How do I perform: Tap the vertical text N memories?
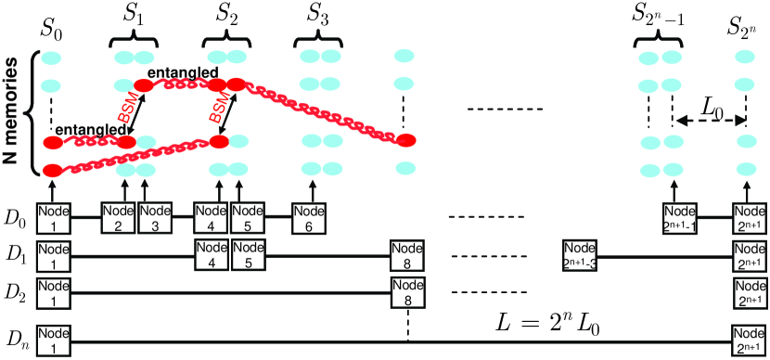tap(14, 114)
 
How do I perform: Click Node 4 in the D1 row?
tap(211, 253)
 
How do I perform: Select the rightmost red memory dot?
tap(405, 140)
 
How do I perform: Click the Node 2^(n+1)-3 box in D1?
tap(580, 253)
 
